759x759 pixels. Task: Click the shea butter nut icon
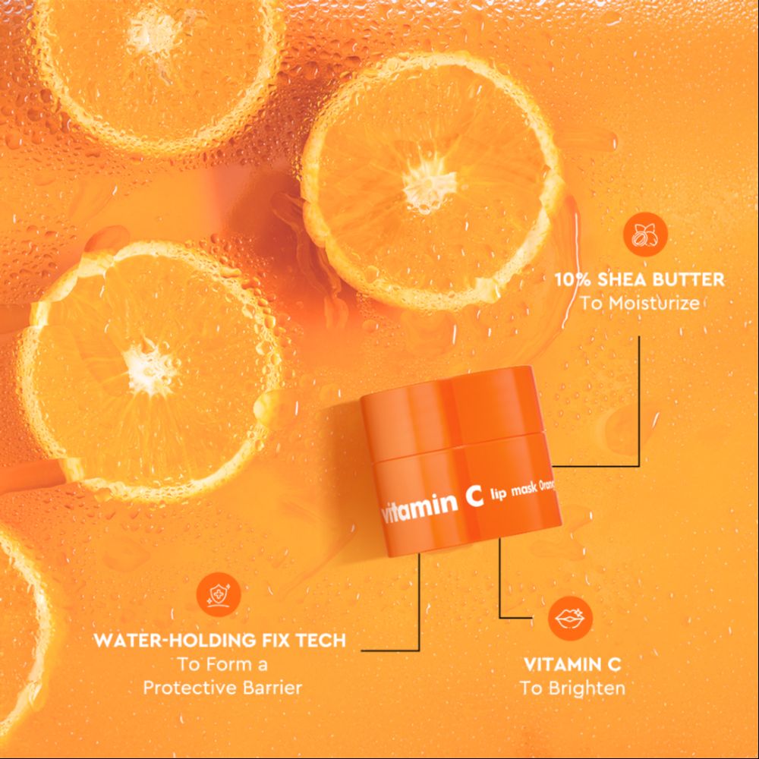(645, 235)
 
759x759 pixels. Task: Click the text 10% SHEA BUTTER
(639, 279)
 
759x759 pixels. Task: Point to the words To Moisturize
(639, 304)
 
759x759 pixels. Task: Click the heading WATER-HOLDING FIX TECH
(219, 640)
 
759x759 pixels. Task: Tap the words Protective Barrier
(223, 688)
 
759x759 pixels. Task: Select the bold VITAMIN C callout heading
(573, 664)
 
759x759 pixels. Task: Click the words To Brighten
(573, 688)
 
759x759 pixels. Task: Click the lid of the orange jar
(459, 414)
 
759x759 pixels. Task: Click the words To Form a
(222, 664)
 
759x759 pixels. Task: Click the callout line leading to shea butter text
(638, 402)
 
